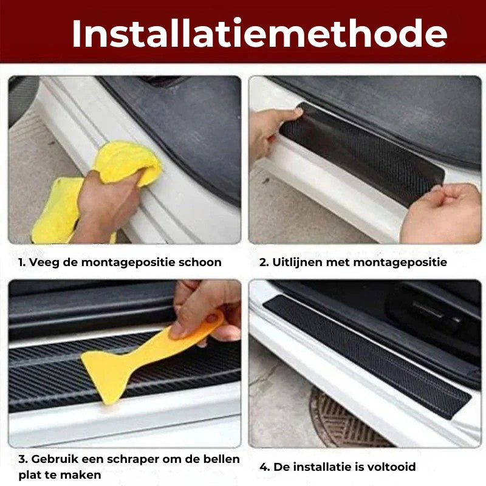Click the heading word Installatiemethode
click(x=259, y=34)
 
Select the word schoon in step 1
click(x=200, y=262)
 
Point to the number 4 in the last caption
click(x=264, y=467)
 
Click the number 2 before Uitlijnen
click(x=264, y=262)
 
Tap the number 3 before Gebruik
click(x=23, y=459)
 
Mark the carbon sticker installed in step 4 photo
click(x=368, y=357)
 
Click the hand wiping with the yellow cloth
click(x=105, y=205)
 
